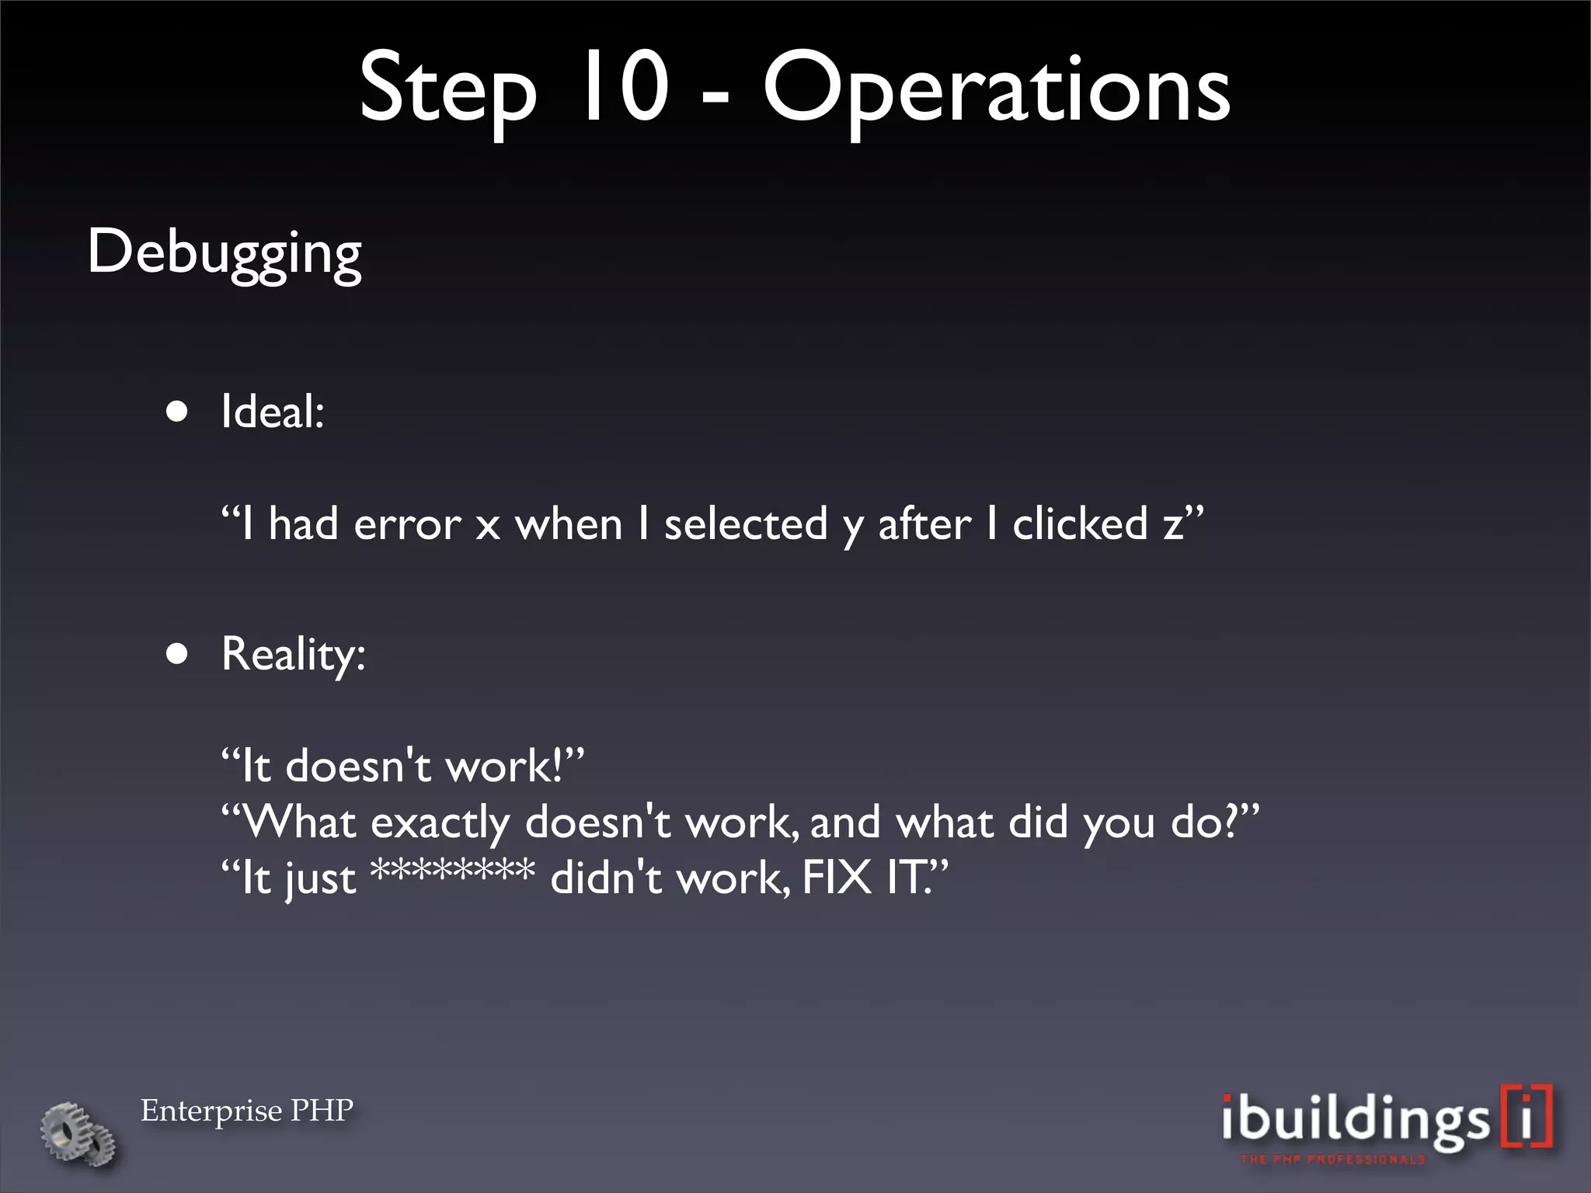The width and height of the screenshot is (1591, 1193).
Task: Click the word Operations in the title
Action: click(x=996, y=89)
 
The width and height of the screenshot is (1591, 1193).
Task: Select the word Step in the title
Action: click(x=447, y=89)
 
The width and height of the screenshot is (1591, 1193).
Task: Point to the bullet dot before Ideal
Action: click(x=177, y=411)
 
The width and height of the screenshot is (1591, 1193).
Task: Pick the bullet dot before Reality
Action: click(x=177, y=654)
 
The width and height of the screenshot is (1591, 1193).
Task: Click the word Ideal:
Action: click(x=272, y=411)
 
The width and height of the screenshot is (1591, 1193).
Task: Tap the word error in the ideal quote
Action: click(x=407, y=524)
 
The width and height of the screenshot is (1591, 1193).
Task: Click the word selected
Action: click(x=746, y=524)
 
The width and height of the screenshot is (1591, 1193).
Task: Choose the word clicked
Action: click(x=1080, y=524)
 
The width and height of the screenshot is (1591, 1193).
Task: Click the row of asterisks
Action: click(x=452, y=871)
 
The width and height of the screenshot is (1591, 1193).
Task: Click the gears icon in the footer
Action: click(x=78, y=1132)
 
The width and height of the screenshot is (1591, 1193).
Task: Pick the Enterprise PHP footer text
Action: click(x=247, y=1111)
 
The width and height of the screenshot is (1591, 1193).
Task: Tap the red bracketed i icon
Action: click(x=1527, y=1115)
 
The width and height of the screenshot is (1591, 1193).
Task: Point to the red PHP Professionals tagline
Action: click(x=1332, y=1160)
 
